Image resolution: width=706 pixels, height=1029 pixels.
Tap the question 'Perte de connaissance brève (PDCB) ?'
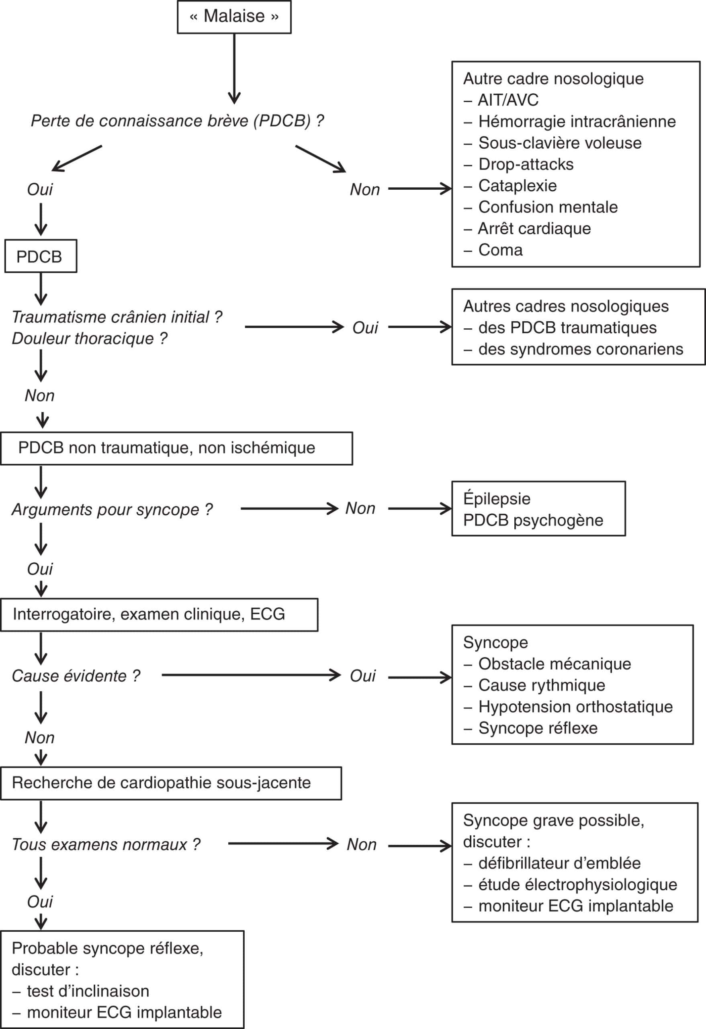[x=177, y=121]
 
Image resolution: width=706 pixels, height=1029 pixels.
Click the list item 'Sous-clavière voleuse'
[x=560, y=143]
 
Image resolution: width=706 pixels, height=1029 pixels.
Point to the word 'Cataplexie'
[x=518, y=186]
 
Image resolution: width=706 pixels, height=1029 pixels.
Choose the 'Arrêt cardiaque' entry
[x=534, y=228]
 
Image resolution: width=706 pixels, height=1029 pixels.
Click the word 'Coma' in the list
[x=500, y=250]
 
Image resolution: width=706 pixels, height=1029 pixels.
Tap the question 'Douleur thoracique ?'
[x=90, y=339]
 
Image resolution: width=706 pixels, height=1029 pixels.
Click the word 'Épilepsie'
[x=497, y=499]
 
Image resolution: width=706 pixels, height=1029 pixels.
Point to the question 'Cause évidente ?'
[x=76, y=676]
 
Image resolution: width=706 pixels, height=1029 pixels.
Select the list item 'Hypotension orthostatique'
[x=575, y=707]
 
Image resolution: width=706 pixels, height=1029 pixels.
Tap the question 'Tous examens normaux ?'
[x=106, y=845]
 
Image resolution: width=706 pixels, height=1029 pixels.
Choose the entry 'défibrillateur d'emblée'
[x=559, y=863]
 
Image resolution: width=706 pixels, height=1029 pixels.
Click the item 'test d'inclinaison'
[x=88, y=991]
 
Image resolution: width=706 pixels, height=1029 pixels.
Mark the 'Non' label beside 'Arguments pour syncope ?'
[x=360, y=508]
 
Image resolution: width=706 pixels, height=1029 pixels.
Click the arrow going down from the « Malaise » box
[x=234, y=69]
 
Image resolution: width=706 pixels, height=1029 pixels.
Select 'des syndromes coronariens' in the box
[x=581, y=349]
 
